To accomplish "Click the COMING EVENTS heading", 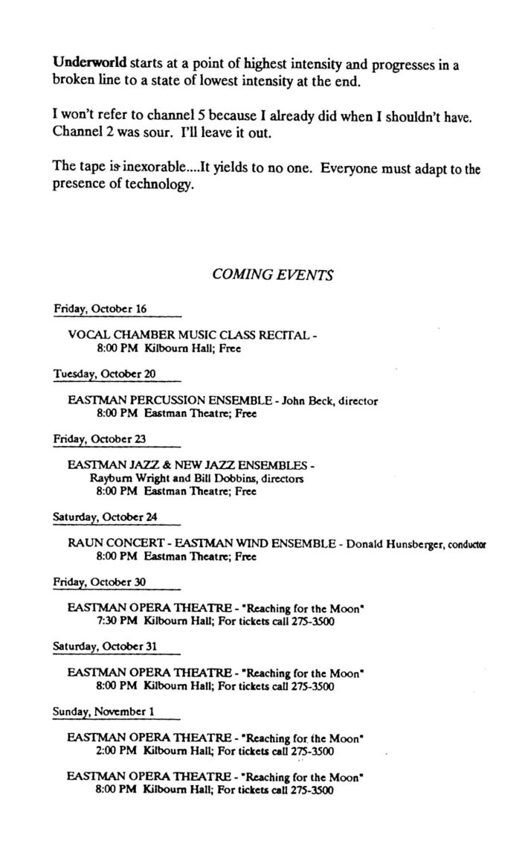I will [x=272, y=274].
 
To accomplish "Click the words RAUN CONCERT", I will [x=115, y=543].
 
